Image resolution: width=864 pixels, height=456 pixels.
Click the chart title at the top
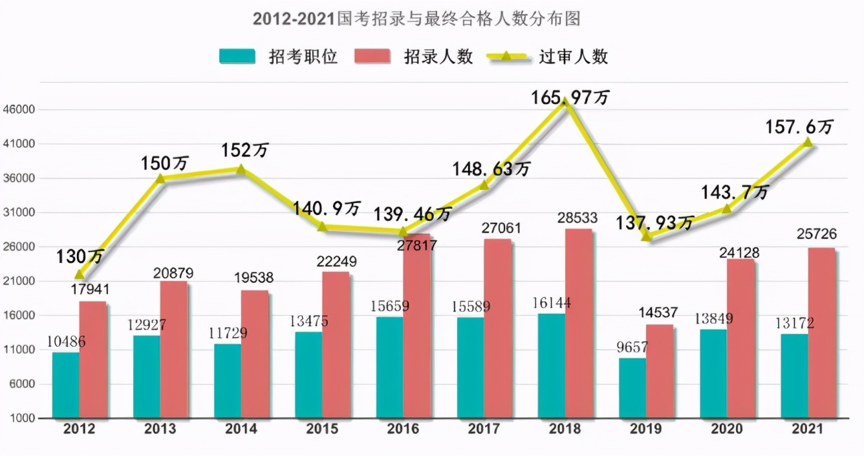417,19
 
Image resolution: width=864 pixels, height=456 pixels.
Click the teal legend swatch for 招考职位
237,56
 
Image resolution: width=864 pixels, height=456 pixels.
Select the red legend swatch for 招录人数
373,56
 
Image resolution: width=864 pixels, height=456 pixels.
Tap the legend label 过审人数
574,56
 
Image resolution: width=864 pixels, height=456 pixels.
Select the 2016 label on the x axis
402,430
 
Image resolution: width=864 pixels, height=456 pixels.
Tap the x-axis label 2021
807,430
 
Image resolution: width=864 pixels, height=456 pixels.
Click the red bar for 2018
578,323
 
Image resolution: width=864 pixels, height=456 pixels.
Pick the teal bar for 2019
632,388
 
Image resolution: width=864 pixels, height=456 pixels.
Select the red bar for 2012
93,359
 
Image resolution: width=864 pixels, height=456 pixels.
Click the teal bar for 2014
227,380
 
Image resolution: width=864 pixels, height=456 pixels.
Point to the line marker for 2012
80,275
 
